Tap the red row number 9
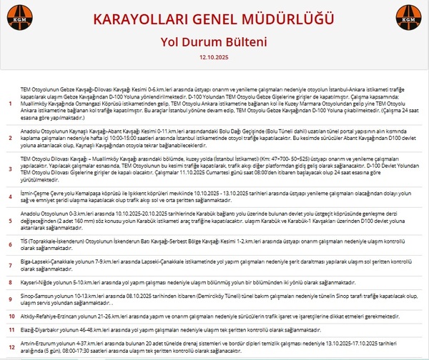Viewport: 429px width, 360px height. tap(9, 297)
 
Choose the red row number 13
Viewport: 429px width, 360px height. tap(9, 348)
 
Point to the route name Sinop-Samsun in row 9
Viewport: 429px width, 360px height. tap(36, 294)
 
